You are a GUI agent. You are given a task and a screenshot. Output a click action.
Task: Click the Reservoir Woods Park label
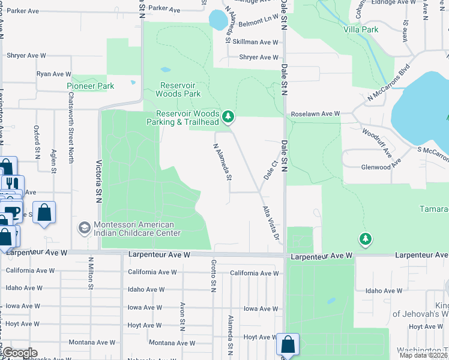(x=178, y=89)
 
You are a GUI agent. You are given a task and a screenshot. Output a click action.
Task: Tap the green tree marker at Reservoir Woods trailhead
(x=228, y=116)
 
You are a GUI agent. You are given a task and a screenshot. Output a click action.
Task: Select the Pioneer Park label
(x=90, y=86)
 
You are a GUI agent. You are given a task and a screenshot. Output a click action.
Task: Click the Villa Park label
(x=361, y=29)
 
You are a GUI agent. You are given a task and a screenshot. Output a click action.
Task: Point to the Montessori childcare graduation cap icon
(x=85, y=228)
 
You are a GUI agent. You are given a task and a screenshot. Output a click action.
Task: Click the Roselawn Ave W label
(x=315, y=113)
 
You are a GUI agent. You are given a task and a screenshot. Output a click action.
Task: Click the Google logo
(x=19, y=353)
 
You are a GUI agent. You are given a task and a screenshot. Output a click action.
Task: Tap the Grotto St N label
(x=213, y=275)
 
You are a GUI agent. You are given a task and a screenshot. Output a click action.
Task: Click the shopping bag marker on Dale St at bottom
(x=288, y=345)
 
